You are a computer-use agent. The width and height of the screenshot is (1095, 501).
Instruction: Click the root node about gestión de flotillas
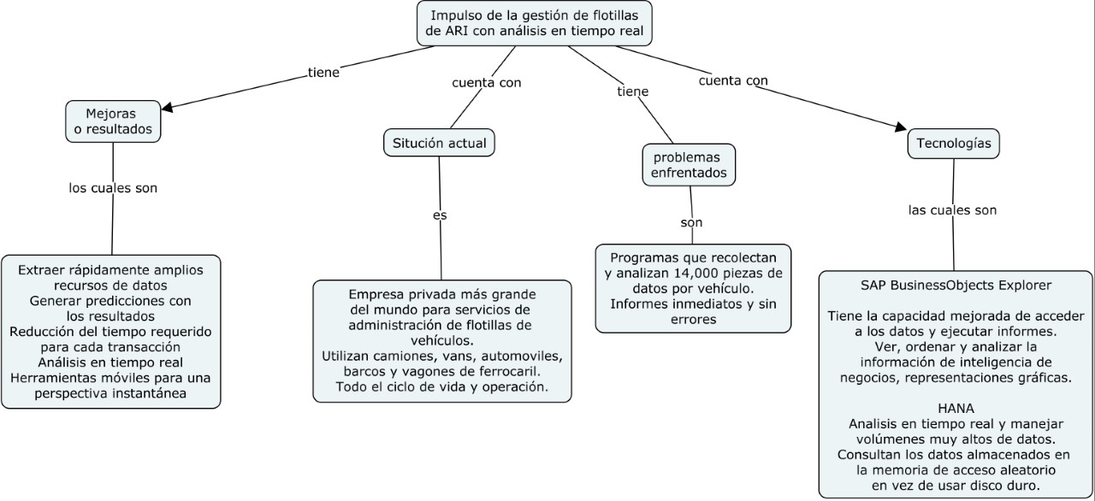(535, 24)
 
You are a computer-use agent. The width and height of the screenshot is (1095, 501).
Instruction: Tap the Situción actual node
(439, 143)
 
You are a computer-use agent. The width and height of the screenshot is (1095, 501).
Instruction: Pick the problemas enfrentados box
(689, 165)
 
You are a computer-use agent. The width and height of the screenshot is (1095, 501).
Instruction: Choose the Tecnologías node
(953, 143)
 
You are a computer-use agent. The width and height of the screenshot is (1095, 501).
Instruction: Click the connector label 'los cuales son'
(113, 187)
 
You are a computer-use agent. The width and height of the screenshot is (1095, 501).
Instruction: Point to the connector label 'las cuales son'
(952, 209)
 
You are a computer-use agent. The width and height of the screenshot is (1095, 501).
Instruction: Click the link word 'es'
(440, 215)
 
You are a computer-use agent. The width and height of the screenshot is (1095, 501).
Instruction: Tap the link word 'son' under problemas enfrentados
(691, 222)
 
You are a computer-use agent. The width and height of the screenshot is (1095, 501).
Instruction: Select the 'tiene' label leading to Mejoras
(323, 73)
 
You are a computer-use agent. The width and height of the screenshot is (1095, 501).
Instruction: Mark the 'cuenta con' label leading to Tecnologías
(733, 81)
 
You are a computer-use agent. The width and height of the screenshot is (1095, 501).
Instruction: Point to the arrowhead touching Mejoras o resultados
(168, 108)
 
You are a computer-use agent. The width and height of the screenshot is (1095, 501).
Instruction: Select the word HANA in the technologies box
(955, 409)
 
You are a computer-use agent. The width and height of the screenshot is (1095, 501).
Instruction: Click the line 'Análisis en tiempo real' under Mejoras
(111, 362)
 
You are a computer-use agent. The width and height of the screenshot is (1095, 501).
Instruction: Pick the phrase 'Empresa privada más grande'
(441, 293)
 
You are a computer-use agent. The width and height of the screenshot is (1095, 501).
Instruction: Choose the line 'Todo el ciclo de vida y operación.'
(441, 386)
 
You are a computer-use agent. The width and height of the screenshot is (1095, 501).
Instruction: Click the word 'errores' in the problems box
(693, 320)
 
